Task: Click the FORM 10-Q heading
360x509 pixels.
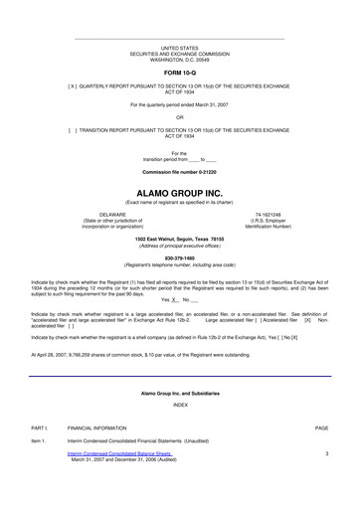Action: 179,74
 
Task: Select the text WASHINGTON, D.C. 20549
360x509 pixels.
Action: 179,59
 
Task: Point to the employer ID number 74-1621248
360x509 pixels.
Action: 268,213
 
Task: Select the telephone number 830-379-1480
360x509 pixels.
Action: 179,257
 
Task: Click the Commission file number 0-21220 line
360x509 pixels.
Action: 179,172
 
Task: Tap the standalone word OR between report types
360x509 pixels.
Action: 179,116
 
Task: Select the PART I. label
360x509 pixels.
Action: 40,454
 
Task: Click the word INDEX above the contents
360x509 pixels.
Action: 179,432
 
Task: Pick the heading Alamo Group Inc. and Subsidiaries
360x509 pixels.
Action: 179,421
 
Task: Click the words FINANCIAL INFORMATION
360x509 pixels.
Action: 104,454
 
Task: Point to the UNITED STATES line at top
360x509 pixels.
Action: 179,47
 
